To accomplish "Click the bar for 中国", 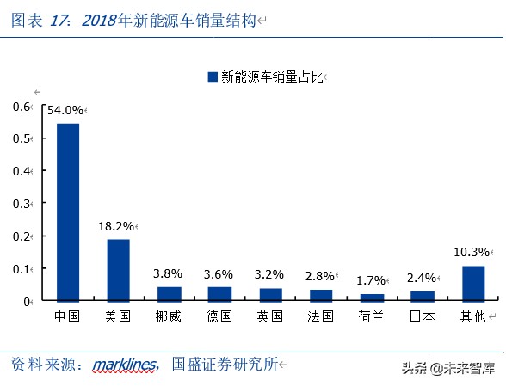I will pos(67,212).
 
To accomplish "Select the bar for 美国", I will pos(118,270).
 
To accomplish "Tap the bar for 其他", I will pos(473,283).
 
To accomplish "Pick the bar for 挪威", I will pos(169,294).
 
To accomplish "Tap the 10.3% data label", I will pos(472,252).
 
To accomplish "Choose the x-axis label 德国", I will pos(219,316).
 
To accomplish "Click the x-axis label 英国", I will pos(270,316).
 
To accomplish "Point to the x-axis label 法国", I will pos(321,316).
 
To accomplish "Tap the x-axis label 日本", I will pos(423,316).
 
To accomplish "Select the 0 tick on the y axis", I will pos(27,301).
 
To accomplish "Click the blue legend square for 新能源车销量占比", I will pos(213,77).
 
